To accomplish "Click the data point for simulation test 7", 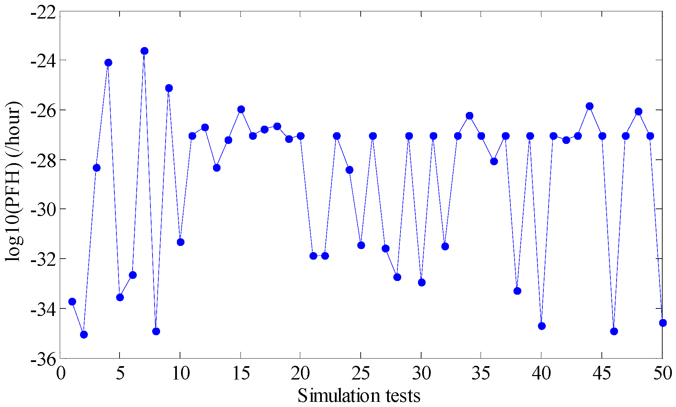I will (x=144, y=51).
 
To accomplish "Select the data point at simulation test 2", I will (x=84, y=334).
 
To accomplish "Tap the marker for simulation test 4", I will (x=108, y=63).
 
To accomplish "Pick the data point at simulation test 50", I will (x=663, y=323).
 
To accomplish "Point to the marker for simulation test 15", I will (x=241, y=109).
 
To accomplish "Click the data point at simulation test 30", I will (x=422, y=282).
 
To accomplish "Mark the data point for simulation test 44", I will (x=590, y=106).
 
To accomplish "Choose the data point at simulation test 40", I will (x=542, y=326).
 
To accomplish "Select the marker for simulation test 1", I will (x=72, y=302).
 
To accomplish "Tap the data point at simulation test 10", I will (x=180, y=242).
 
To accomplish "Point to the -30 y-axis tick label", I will (x=43, y=209).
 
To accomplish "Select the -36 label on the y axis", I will (x=43, y=359).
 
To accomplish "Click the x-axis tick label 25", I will (x=361, y=373).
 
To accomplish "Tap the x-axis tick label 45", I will (x=601, y=373).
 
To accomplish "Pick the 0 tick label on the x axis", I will (x=61, y=373).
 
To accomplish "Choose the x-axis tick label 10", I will (x=180, y=373).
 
